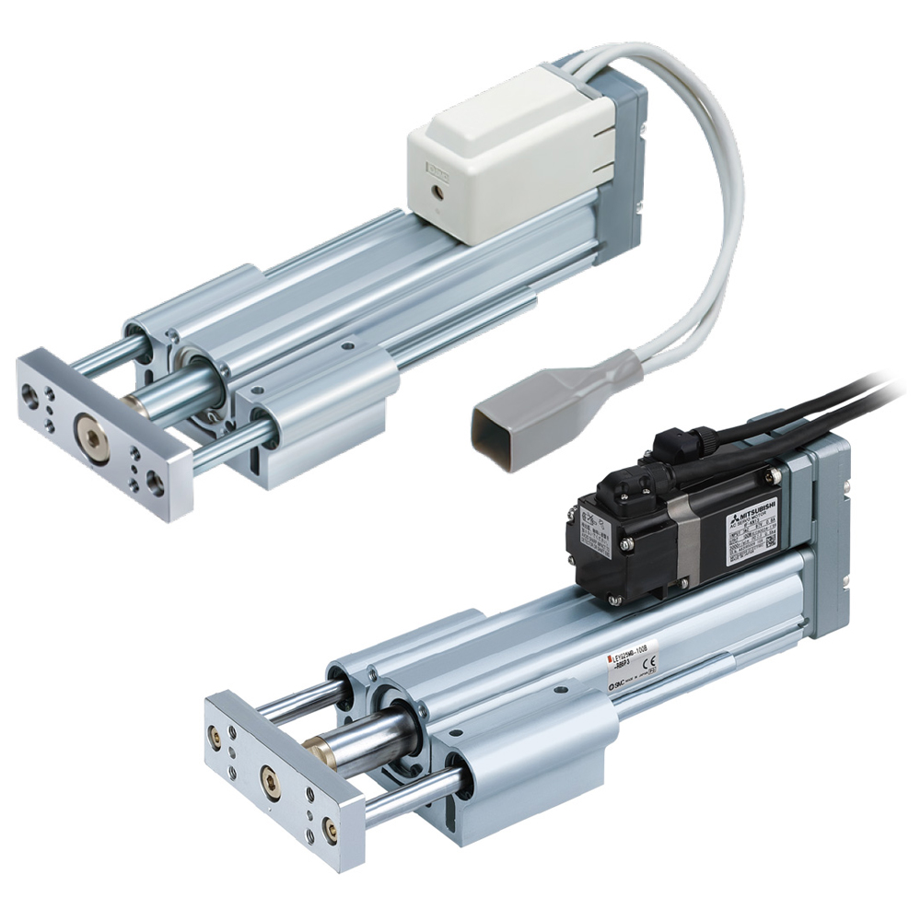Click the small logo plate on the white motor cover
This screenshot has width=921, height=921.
(x=435, y=169)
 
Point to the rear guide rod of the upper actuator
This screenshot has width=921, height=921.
(x=110, y=354)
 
